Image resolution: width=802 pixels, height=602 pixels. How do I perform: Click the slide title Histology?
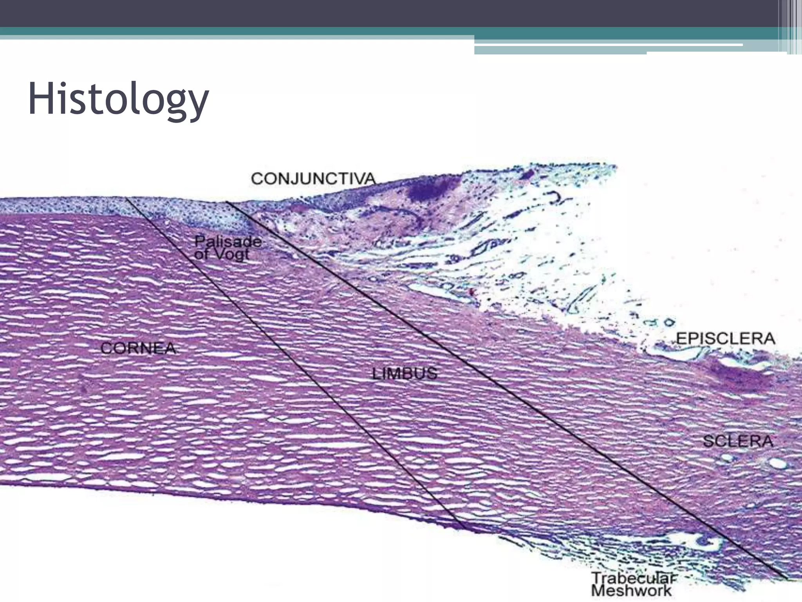[x=118, y=100]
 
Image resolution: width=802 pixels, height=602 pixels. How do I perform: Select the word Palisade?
[x=228, y=241]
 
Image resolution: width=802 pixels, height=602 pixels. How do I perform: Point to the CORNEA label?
[x=138, y=348]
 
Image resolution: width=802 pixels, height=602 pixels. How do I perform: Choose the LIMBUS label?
[x=404, y=374]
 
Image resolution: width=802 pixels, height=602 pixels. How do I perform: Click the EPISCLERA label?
[x=725, y=338]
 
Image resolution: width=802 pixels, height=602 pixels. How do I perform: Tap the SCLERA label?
[x=738, y=441]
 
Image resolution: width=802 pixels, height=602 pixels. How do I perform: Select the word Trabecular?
[x=634, y=578]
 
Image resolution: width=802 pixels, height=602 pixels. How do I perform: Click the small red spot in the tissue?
[x=472, y=292]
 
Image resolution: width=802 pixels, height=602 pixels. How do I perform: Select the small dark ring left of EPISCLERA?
[x=668, y=323]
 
